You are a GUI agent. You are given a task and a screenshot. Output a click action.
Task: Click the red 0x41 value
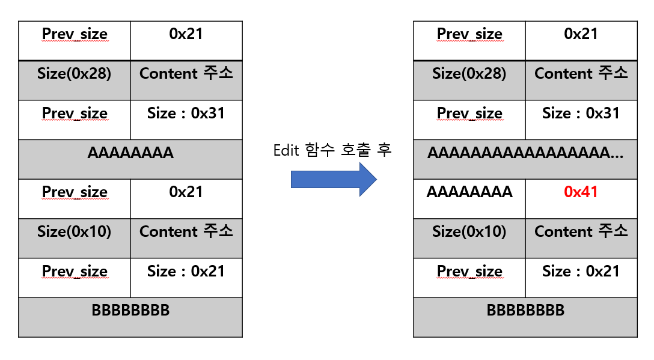click(581, 192)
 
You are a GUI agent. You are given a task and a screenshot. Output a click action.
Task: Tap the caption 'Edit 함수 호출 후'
click(332, 150)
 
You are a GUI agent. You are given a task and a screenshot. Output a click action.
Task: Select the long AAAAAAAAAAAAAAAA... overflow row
click(525, 153)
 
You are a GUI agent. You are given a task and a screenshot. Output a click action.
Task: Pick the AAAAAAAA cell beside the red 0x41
click(469, 192)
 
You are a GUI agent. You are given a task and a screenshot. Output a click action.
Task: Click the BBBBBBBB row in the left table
click(130, 311)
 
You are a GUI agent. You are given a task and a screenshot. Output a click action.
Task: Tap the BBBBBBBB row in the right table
click(525, 311)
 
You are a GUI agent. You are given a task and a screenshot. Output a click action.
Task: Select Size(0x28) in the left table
click(74, 74)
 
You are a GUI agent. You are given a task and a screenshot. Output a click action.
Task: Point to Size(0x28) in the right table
click(469, 74)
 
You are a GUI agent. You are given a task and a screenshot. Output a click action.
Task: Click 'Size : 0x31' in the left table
click(186, 114)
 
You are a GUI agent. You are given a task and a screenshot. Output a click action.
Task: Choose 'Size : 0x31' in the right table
click(581, 114)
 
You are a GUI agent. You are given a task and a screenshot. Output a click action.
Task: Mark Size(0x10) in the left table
click(74, 232)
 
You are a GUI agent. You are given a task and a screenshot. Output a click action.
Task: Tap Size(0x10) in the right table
click(469, 232)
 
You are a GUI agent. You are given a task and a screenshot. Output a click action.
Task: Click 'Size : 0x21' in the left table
click(186, 272)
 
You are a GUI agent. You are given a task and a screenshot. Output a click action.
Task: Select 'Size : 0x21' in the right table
click(581, 272)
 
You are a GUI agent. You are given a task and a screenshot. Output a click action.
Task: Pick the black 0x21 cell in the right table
click(581, 34)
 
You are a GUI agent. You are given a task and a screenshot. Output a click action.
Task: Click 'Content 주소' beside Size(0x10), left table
click(186, 232)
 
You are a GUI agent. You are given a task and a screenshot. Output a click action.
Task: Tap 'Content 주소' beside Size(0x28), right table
click(581, 74)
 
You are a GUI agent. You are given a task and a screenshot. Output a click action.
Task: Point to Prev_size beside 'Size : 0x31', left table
click(75, 114)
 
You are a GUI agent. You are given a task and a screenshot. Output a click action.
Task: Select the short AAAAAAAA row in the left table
click(130, 153)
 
